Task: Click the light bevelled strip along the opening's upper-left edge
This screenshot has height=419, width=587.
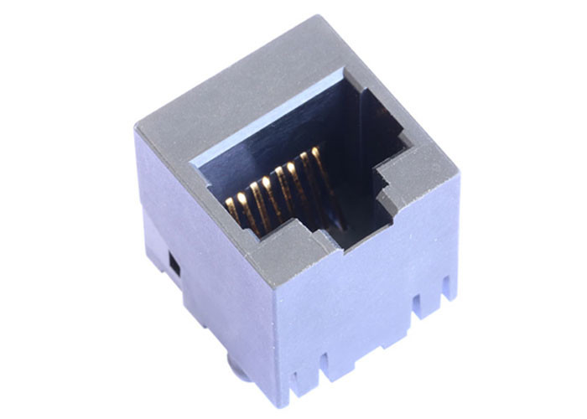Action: click(260, 121)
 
